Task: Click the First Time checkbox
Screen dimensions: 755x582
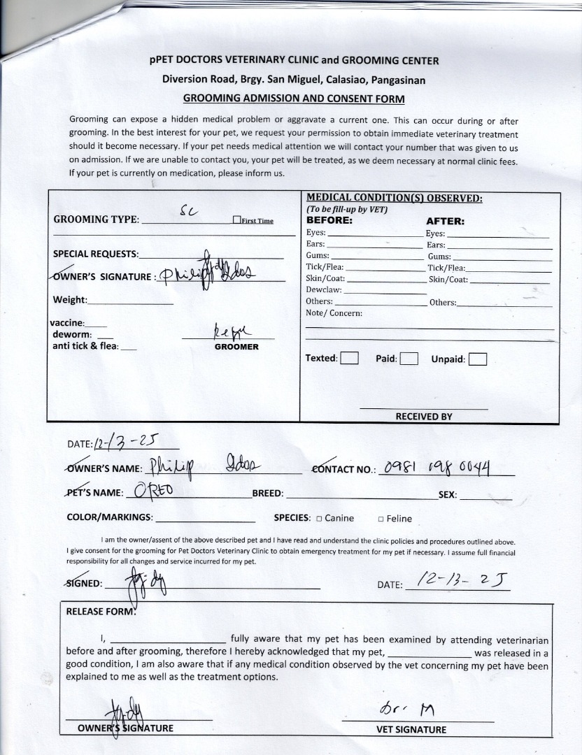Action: [236, 220]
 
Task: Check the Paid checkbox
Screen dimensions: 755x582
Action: [409, 359]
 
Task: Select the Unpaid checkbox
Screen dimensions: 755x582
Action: [478, 359]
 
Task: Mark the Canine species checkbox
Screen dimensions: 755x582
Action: [319, 519]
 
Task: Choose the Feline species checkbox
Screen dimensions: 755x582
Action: [381, 519]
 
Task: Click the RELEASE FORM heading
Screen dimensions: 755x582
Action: [99, 611]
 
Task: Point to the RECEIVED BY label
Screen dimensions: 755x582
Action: [424, 417]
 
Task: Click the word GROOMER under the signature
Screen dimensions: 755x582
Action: [236, 347]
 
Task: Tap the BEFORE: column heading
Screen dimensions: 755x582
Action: [329, 220]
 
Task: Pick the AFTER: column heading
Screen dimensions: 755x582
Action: [446, 222]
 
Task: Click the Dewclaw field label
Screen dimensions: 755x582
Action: [324, 289]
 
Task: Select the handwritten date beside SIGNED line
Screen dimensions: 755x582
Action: [462, 580]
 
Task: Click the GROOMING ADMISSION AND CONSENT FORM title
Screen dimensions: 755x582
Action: [293, 99]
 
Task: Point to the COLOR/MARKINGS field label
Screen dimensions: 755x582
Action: [109, 517]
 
